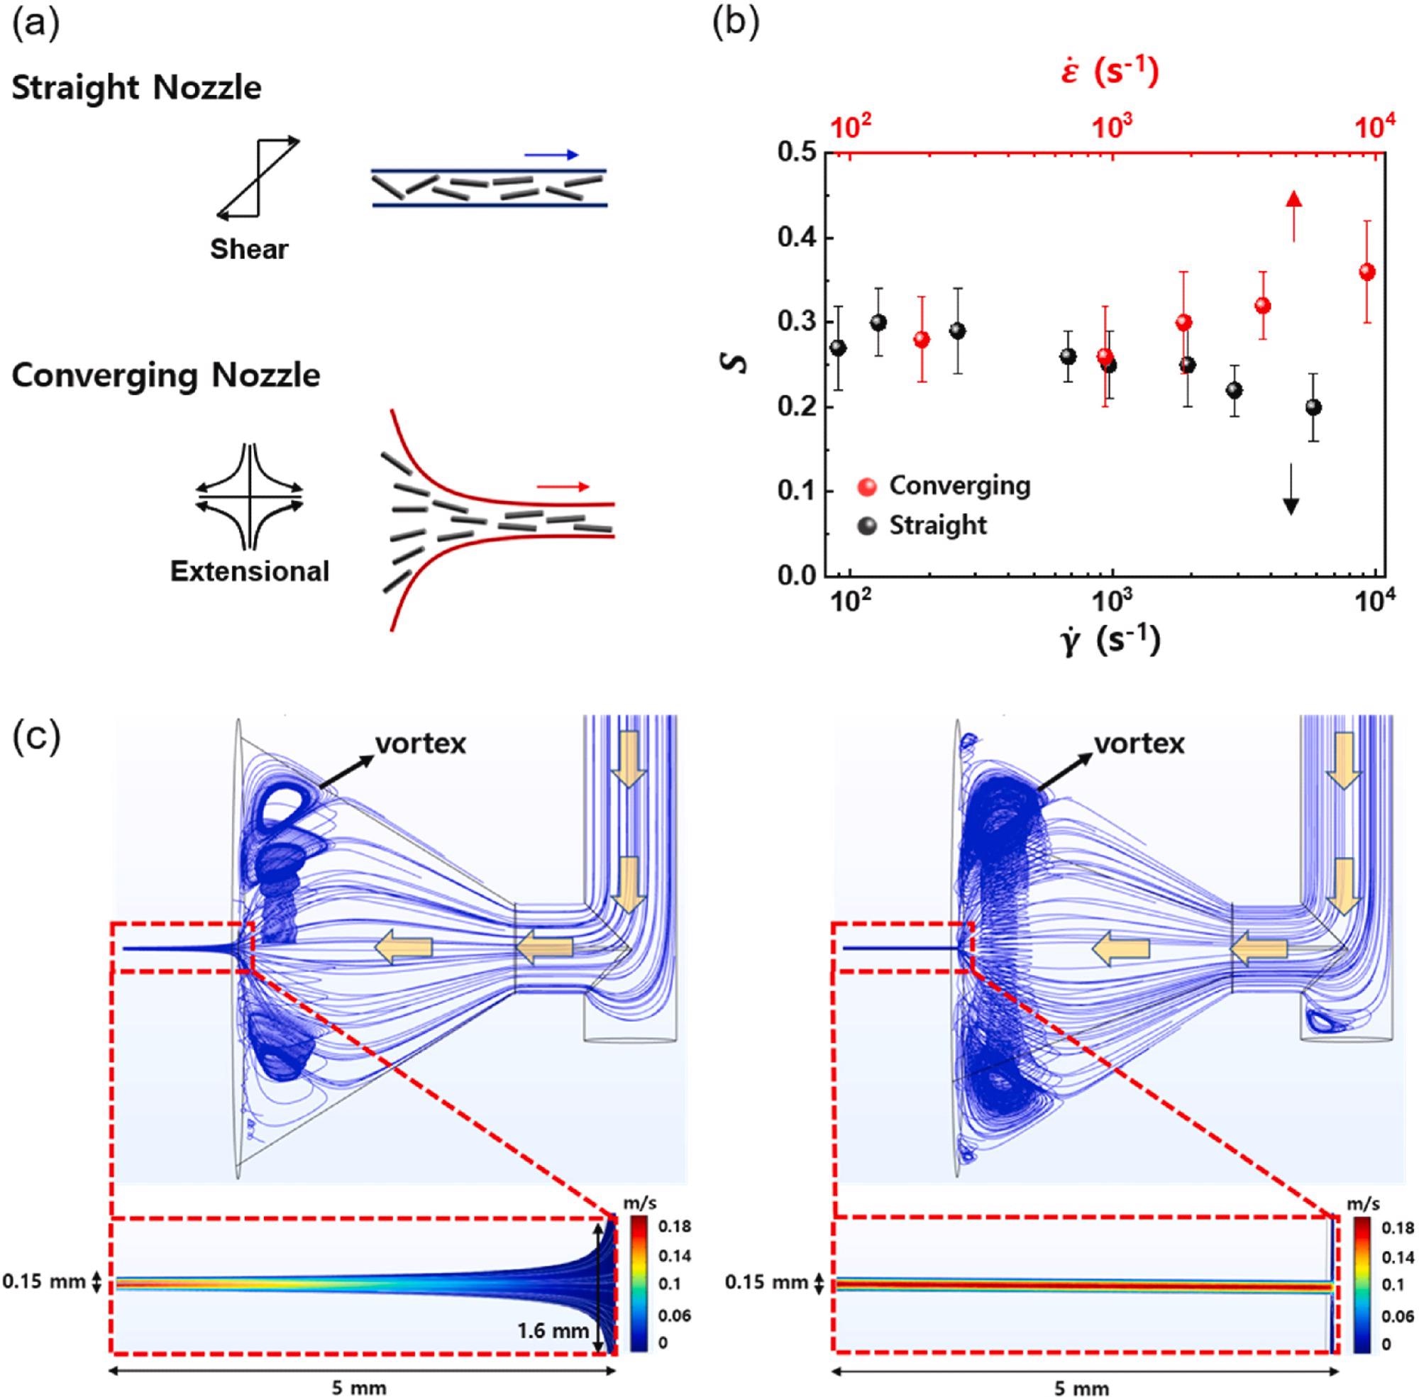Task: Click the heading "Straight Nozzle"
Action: pyautogui.click(x=136, y=89)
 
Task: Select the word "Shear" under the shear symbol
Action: pyautogui.click(x=250, y=250)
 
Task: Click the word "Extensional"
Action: pyautogui.click(x=250, y=572)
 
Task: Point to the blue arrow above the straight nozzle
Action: pyautogui.click(x=552, y=155)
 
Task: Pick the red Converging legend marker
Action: pyautogui.click(x=867, y=487)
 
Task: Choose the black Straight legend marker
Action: pyautogui.click(x=867, y=526)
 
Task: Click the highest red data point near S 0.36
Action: pyautogui.click(x=1367, y=272)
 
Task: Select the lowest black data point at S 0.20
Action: pyautogui.click(x=1313, y=407)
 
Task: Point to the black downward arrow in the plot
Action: pyautogui.click(x=1291, y=489)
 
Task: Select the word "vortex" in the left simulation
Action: pyautogui.click(x=421, y=744)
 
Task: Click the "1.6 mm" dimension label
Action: pyautogui.click(x=553, y=1330)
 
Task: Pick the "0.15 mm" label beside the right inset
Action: pyautogui.click(x=766, y=1283)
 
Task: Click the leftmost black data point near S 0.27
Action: pyautogui.click(x=838, y=348)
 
